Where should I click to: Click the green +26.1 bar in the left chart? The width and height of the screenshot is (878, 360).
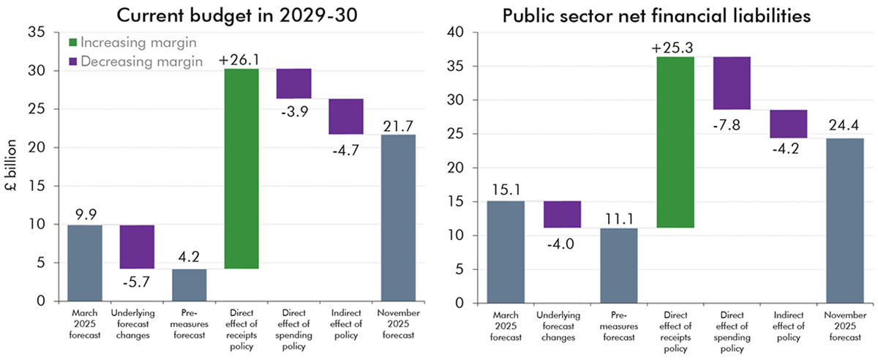point(241,168)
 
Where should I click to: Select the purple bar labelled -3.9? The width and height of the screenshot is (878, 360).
point(293,83)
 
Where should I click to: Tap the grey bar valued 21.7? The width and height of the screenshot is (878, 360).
point(398,217)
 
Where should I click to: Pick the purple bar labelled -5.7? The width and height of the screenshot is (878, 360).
point(137,247)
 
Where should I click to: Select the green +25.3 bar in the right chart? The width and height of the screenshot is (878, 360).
point(676,142)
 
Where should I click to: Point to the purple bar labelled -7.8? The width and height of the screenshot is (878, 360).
point(732,83)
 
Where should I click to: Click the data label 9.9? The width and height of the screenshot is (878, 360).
point(85,215)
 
